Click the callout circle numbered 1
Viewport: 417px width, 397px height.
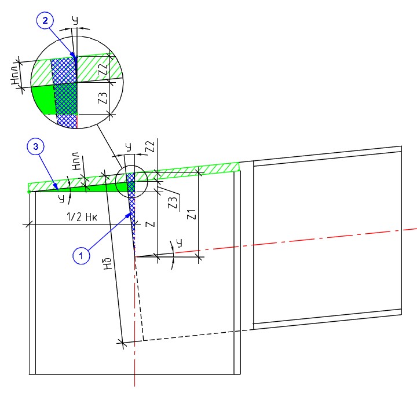(81, 256)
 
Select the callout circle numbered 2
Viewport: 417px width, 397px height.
(45, 20)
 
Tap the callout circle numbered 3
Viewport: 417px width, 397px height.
(36, 146)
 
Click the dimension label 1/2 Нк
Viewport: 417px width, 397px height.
(82, 217)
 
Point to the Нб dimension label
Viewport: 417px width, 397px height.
(108, 263)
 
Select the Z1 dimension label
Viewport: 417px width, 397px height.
(192, 214)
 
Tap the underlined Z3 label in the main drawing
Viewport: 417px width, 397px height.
(173, 203)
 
